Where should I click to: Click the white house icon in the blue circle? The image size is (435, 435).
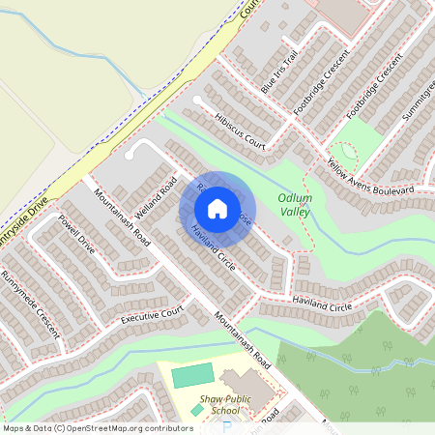(217, 208)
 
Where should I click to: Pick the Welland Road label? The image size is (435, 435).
(155, 197)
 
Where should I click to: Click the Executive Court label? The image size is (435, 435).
(152, 316)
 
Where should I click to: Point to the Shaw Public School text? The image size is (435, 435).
(224, 403)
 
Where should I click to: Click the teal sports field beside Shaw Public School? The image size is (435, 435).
(192, 374)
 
